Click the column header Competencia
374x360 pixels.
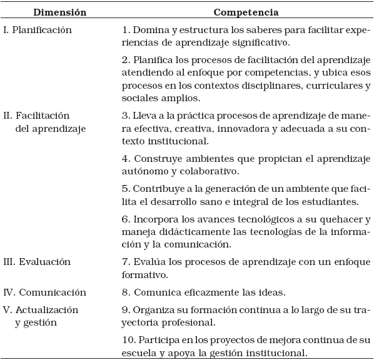tap(246, 12)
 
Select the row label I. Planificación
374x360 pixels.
tap(38, 29)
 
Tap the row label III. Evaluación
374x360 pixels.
tap(37, 262)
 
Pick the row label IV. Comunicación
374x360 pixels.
tap(44, 292)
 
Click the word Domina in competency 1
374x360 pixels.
tap(147, 29)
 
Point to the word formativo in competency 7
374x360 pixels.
tap(143, 274)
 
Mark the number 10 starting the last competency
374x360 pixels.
tap(128, 341)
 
